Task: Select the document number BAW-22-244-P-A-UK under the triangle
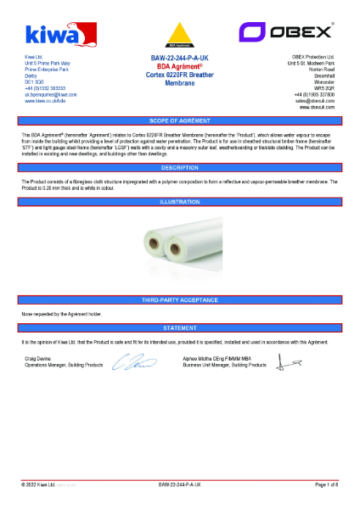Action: tap(179, 58)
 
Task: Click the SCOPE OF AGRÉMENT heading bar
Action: tap(179, 121)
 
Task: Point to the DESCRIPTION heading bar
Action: tap(179, 167)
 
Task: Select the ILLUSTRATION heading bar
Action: tap(179, 202)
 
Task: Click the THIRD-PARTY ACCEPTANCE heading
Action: tap(179, 300)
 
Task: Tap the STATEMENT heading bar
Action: tap(179, 327)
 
